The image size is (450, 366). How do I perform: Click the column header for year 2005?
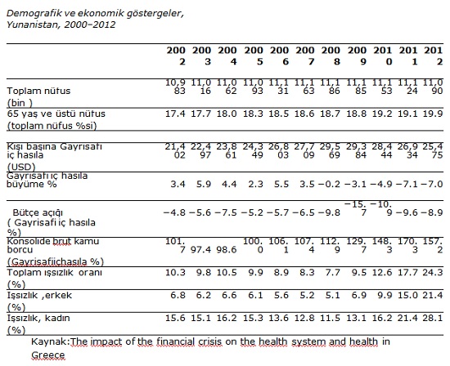point(254,56)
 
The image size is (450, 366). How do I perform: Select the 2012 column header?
point(434,56)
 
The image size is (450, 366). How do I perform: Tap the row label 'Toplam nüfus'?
point(38,91)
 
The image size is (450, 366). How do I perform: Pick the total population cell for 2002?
point(175,87)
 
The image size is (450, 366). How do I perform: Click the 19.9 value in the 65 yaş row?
point(433,114)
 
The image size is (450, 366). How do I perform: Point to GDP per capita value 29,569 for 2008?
point(330,151)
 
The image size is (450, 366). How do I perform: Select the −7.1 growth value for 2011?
point(407,184)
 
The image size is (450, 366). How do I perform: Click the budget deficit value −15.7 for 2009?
point(355,208)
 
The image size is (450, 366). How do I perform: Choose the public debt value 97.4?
point(200,250)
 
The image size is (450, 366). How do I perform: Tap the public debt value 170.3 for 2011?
point(407,246)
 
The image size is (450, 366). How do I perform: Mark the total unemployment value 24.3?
point(433,272)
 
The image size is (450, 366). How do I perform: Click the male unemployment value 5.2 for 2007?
point(307,295)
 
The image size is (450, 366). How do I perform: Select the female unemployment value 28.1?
point(433,318)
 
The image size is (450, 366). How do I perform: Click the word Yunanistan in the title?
point(33,25)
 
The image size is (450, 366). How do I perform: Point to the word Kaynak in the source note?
point(49,341)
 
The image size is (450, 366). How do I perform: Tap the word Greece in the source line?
point(48,355)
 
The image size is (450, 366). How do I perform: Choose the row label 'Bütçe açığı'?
point(38,213)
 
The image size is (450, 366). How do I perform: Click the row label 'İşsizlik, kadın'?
point(38,318)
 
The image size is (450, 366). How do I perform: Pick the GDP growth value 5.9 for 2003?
point(204,184)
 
